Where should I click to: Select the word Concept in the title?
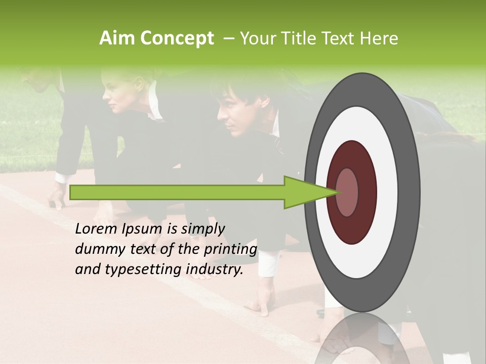(176, 38)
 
